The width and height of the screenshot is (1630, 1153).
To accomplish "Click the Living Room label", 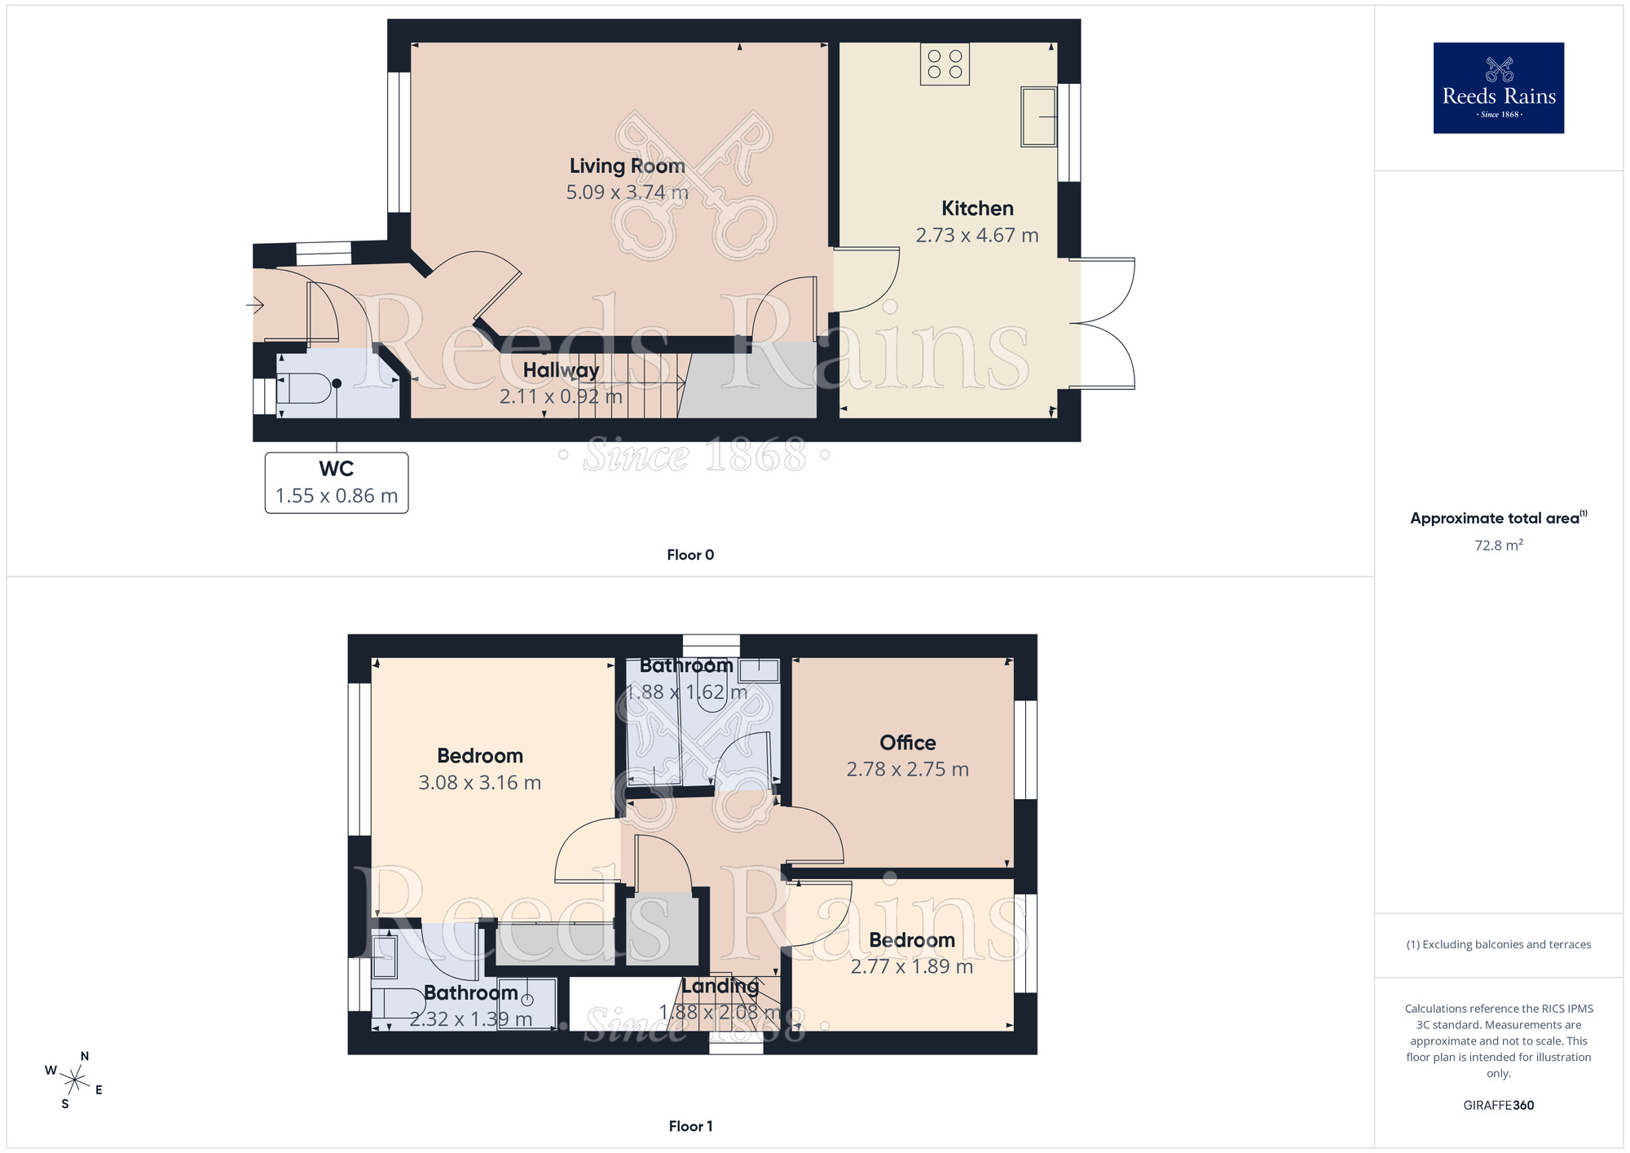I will pos(627,166).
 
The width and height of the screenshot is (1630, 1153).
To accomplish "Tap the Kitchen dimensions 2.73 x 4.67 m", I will pos(976,236).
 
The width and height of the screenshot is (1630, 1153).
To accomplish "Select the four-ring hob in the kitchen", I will pos(945,64).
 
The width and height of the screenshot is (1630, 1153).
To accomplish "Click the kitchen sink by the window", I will pos(1038,117).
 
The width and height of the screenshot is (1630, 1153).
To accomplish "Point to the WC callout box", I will pos(336,483).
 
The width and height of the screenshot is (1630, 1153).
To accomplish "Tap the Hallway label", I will pos(561,370).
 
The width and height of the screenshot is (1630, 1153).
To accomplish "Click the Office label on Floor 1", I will pos(907,743).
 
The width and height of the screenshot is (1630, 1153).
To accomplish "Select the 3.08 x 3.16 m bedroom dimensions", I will pos(479,783).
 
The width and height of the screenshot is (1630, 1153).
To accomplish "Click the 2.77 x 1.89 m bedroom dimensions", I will pos(911,967).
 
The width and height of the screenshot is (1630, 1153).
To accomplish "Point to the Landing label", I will pos(720,986).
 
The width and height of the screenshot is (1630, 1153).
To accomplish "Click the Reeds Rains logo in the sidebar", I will pos(1498,88).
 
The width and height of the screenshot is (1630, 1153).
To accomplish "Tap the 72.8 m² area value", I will pos(1498,546).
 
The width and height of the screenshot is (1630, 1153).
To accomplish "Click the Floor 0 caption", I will pos(689,555).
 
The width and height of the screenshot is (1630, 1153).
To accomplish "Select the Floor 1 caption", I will pos(689,1126).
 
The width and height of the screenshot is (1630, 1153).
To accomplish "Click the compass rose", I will pos(74,1081).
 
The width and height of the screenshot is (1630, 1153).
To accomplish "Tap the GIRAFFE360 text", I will pos(1498,1106).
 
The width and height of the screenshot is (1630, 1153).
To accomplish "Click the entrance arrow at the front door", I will pos(255,306).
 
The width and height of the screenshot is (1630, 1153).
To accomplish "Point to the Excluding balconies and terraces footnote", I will pos(1498,945).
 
